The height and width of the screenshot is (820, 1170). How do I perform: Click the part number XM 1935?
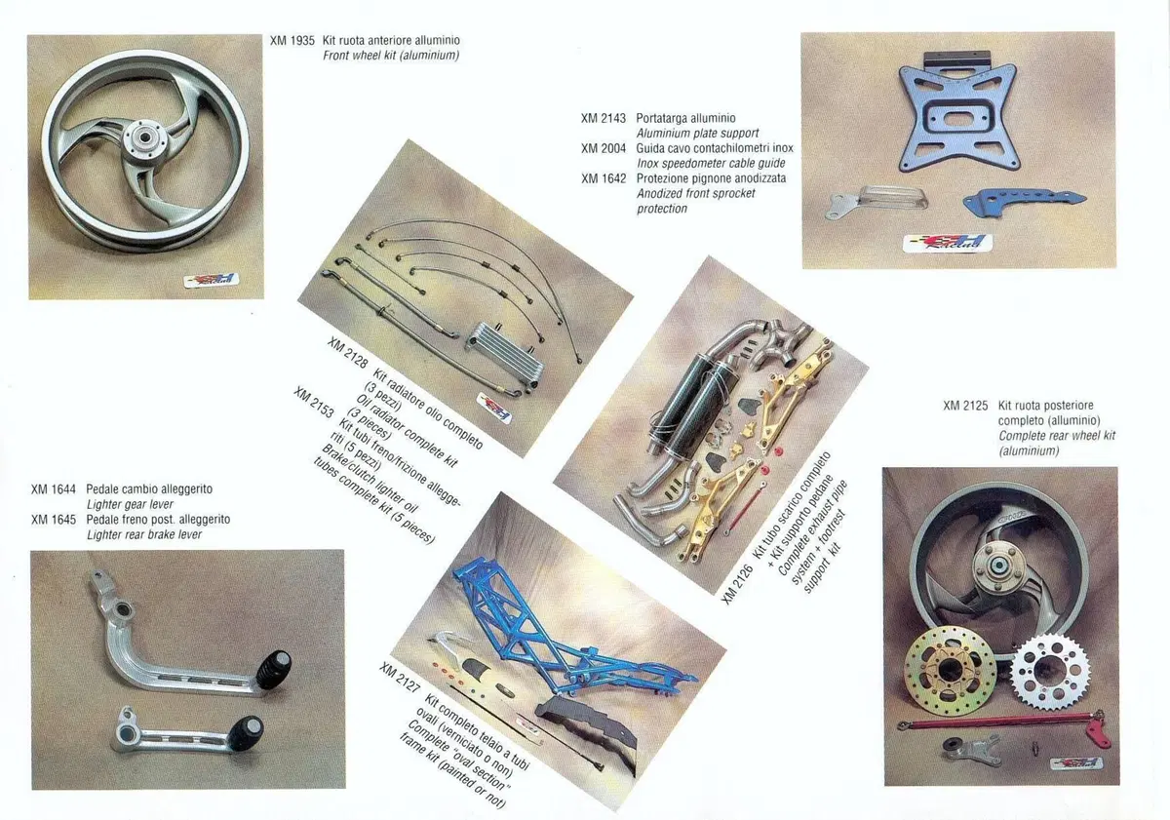(x=292, y=41)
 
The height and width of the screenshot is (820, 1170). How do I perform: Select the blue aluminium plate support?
(x=958, y=115)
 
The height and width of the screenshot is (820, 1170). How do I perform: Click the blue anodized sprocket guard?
(x=1024, y=201)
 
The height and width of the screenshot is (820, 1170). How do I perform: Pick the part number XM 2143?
(x=604, y=119)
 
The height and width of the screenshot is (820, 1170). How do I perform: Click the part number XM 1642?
(x=604, y=178)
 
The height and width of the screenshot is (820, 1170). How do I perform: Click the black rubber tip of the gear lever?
(x=274, y=670)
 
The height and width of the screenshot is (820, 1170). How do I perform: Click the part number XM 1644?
(x=54, y=489)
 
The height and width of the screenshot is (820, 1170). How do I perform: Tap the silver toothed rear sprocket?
(x=1051, y=673)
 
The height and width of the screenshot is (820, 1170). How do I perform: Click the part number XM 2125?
(x=965, y=406)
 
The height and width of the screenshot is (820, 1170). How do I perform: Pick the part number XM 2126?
(x=737, y=584)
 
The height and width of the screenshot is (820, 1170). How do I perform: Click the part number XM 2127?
(x=400, y=678)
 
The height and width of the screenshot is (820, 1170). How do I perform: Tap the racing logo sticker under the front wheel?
(x=211, y=281)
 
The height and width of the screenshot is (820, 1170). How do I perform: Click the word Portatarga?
(x=659, y=119)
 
